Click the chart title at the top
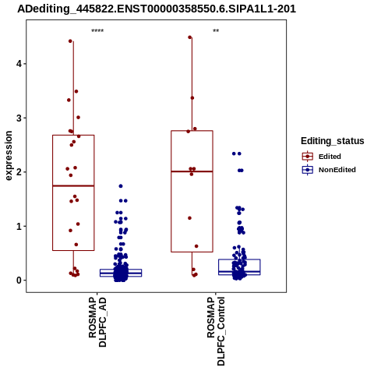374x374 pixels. tap(157, 9)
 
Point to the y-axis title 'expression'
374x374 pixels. tap(9, 156)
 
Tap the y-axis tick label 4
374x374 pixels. tap(19, 64)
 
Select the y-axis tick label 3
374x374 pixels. tap(19, 118)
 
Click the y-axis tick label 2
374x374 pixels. tap(19, 172)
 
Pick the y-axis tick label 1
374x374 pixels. tap(19, 226)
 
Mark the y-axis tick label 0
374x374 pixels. tap(19, 280)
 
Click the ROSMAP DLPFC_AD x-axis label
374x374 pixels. tap(97, 322)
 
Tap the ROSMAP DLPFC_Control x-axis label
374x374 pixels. tap(216, 331)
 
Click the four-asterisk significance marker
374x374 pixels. tap(97, 31)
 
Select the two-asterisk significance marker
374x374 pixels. tap(216, 31)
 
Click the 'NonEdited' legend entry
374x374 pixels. tap(329, 170)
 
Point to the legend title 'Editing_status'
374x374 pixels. tap(333, 141)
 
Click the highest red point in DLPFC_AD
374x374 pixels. tap(70, 41)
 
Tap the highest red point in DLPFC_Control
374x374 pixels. tap(190, 37)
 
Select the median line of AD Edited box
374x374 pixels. tap(73, 185)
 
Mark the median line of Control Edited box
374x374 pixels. tap(192, 171)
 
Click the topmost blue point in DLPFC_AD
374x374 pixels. tap(121, 186)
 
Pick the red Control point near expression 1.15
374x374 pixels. tap(189, 218)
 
